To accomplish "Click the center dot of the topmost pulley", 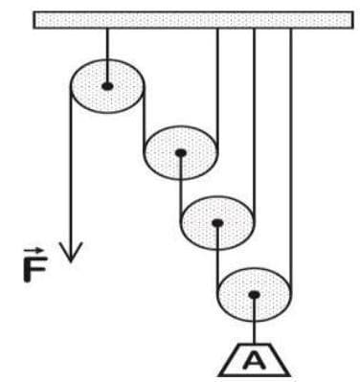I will point(107,86).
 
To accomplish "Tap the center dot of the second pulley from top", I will point(180,152).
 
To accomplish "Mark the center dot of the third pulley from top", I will point(217,223).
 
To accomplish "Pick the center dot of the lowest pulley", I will point(254,295).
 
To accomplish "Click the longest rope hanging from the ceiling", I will point(290,153).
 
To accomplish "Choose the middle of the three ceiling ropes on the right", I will point(254,115).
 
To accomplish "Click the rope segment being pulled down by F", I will point(70,172).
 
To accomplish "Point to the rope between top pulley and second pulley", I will point(144,120).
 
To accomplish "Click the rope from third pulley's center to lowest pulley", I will point(217,258).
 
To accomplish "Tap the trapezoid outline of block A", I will point(236,369).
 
